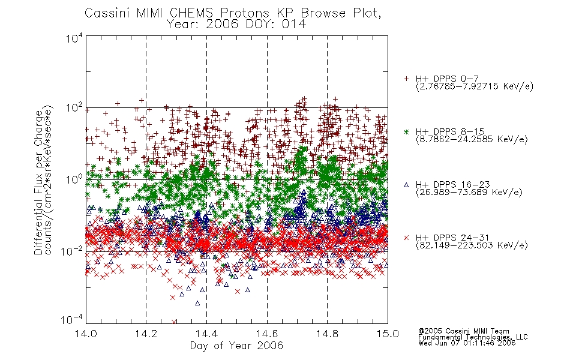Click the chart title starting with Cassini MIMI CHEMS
point(233,13)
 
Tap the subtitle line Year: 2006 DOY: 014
point(236,25)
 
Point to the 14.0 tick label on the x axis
point(86,334)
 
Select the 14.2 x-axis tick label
point(146,334)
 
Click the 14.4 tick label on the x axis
point(206,334)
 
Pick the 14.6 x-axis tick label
point(267,334)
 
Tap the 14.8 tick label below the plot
point(327,334)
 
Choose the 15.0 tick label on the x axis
point(388,334)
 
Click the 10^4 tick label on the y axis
point(74,38)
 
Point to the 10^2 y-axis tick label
point(74,107)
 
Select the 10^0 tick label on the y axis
point(74,179)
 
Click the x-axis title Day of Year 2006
point(236,346)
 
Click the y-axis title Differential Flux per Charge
point(38,182)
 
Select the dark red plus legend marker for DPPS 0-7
point(406,79)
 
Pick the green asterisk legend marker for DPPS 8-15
point(406,131)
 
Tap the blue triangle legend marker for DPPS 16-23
point(406,185)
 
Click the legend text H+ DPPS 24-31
point(452,238)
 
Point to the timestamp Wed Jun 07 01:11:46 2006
point(467,343)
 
